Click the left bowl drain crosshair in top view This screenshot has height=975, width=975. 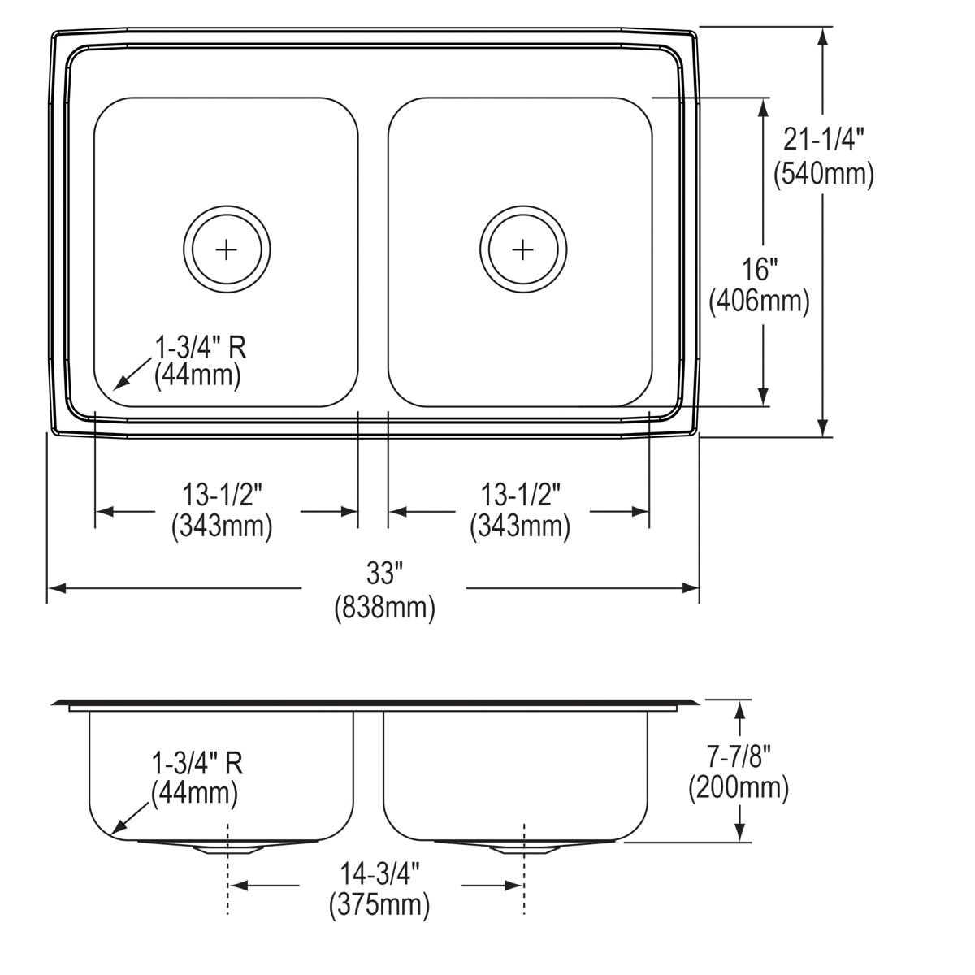[x=227, y=249]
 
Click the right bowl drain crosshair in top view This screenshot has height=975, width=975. [x=523, y=249]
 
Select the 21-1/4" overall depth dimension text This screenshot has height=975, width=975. [x=823, y=140]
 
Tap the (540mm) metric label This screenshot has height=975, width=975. [x=823, y=173]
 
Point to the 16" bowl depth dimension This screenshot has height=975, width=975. [x=760, y=267]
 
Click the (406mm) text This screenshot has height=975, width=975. [x=760, y=301]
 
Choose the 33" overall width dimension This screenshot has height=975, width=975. [x=384, y=574]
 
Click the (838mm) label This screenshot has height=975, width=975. [x=384, y=608]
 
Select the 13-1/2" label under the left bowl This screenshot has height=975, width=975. [x=222, y=492]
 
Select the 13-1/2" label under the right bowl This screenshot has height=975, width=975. [x=520, y=492]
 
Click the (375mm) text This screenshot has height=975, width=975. [x=379, y=904]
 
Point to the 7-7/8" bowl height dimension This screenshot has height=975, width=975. [x=739, y=756]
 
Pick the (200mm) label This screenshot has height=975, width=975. [x=739, y=788]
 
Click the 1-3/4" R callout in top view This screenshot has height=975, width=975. [x=200, y=348]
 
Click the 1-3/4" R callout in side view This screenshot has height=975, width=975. [x=197, y=763]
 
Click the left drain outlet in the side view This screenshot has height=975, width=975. [x=227, y=849]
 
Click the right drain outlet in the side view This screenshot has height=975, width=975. [x=524, y=849]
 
